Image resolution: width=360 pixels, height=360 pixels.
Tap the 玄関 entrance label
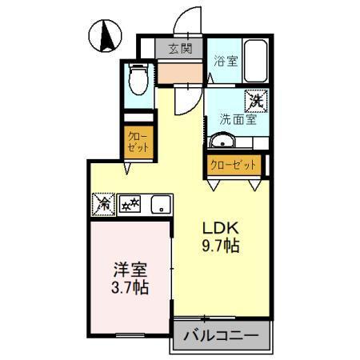180,48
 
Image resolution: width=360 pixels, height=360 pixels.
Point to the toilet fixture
138,81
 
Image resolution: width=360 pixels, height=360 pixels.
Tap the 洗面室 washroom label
238,120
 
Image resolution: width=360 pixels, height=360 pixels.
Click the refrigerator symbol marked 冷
103,204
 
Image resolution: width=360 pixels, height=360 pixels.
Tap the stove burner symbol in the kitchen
130,205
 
